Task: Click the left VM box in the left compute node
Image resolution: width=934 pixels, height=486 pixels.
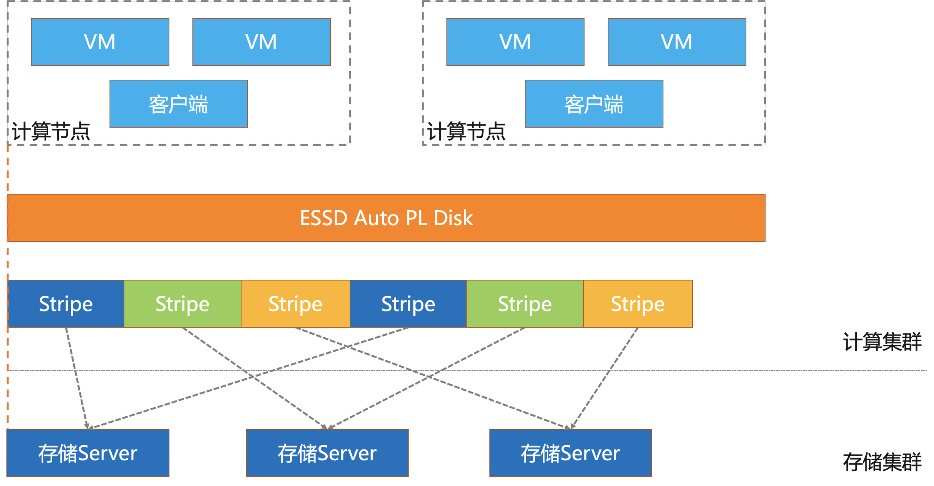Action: click(x=100, y=42)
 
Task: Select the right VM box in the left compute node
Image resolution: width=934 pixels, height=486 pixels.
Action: click(x=261, y=42)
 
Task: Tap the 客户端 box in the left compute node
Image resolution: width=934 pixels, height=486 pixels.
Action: click(x=179, y=104)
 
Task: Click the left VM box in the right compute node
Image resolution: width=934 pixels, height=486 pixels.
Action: click(x=515, y=42)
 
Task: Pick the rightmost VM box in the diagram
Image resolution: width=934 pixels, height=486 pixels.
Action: click(x=677, y=42)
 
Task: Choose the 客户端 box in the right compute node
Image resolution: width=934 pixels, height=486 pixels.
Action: click(x=594, y=104)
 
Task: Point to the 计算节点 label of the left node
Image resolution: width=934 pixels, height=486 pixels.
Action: click(x=51, y=131)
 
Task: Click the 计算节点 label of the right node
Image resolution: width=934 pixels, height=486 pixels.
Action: click(x=466, y=131)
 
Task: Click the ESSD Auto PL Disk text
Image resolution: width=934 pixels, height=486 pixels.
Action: click(x=386, y=218)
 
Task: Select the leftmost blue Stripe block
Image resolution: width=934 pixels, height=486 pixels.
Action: click(x=66, y=304)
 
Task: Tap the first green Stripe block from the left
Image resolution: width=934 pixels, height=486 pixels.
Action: click(x=183, y=304)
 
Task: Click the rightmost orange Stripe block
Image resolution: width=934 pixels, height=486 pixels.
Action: click(x=638, y=304)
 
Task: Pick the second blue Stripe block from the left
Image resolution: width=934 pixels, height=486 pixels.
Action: click(x=408, y=304)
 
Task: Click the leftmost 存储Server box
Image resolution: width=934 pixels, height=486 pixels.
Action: click(x=88, y=453)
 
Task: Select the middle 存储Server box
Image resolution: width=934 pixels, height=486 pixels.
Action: click(x=327, y=453)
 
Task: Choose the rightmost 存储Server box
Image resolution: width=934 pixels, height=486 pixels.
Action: click(x=571, y=453)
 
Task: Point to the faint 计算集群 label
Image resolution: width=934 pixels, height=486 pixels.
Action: click(x=882, y=342)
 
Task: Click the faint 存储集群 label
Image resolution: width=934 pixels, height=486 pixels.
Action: click(x=882, y=462)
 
